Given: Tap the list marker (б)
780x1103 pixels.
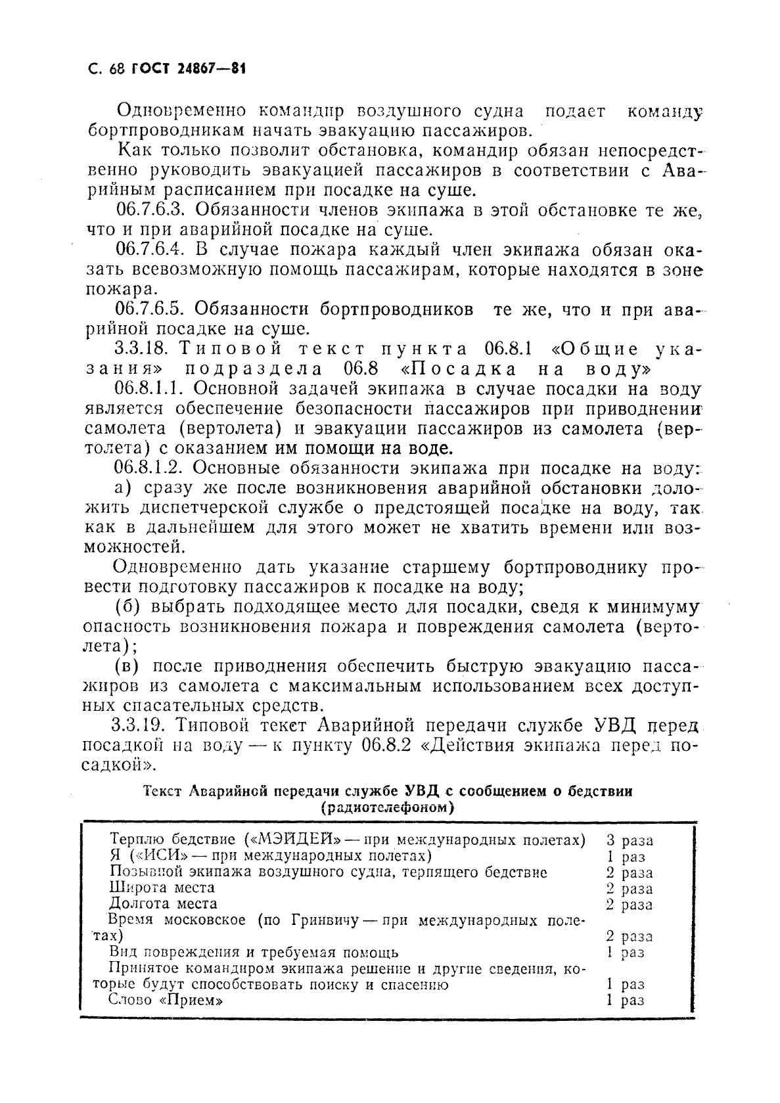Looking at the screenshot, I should pyautogui.click(x=125, y=606).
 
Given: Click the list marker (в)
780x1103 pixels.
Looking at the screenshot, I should pyautogui.click(x=125, y=666).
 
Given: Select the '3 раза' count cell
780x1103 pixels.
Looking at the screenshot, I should pyautogui.click(x=629, y=840).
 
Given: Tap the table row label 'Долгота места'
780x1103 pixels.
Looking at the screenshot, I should pyautogui.click(x=162, y=904).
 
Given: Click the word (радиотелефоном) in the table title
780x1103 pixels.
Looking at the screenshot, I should pyautogui.click(x=388, y=808).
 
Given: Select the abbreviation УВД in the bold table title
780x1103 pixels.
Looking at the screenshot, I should pyautogui.click(x=428, y=792).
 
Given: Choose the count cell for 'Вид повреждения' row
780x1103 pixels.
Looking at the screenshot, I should pyautogui.click(x=624, y=953).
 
